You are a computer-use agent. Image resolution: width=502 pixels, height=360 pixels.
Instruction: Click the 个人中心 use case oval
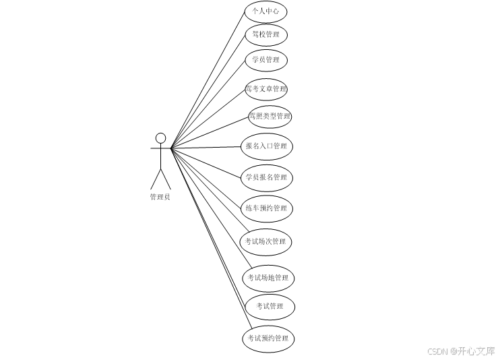pos(265,11)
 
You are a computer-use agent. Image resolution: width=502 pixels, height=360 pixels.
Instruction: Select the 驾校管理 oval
pos(265,34)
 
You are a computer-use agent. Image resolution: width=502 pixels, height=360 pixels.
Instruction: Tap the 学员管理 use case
pos(265,60)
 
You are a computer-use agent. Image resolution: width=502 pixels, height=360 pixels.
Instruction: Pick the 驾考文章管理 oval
pos(266,89)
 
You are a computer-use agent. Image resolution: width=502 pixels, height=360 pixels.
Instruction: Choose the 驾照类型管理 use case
pos(269,116)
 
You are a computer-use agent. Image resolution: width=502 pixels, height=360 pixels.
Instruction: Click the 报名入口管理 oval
pos(266,146)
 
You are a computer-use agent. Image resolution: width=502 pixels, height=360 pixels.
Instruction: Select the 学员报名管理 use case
pos(266,177)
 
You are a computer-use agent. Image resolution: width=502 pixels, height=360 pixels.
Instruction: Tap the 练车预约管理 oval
pos(266,208)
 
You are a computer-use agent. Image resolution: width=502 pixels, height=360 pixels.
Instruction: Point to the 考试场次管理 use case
pos(266,241)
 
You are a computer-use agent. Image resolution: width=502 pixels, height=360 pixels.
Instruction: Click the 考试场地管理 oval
pos(268,278)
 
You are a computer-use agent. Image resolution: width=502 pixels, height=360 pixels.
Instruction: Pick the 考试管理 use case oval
pos(270,307)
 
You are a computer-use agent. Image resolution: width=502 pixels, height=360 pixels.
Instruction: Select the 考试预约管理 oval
pos(268,338)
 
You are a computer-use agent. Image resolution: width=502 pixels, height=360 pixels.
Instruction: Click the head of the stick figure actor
pos(160,138)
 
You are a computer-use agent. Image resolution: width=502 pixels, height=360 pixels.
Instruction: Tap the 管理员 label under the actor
pos(160,197)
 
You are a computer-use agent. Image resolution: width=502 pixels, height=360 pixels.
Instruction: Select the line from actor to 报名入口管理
pos(206,148)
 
